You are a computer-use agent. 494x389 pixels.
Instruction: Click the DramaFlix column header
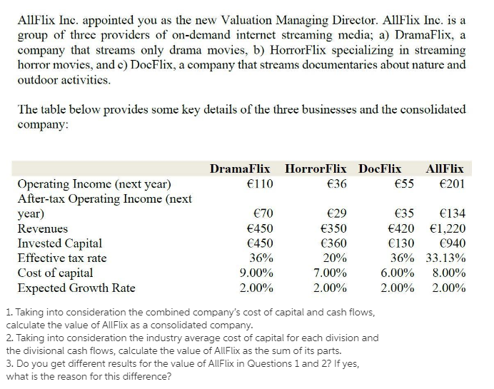click(240, 169)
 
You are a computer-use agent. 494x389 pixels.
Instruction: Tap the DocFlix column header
click(380, 169)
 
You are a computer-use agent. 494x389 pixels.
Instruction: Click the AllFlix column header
click(444, 169)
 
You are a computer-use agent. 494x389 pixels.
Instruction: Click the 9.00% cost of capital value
click(255, 273)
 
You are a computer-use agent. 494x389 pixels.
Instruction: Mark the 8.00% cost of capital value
click(449, 273)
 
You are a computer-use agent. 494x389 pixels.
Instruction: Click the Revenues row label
click(43, 228)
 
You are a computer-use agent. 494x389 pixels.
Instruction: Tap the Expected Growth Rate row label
click(76, 288)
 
